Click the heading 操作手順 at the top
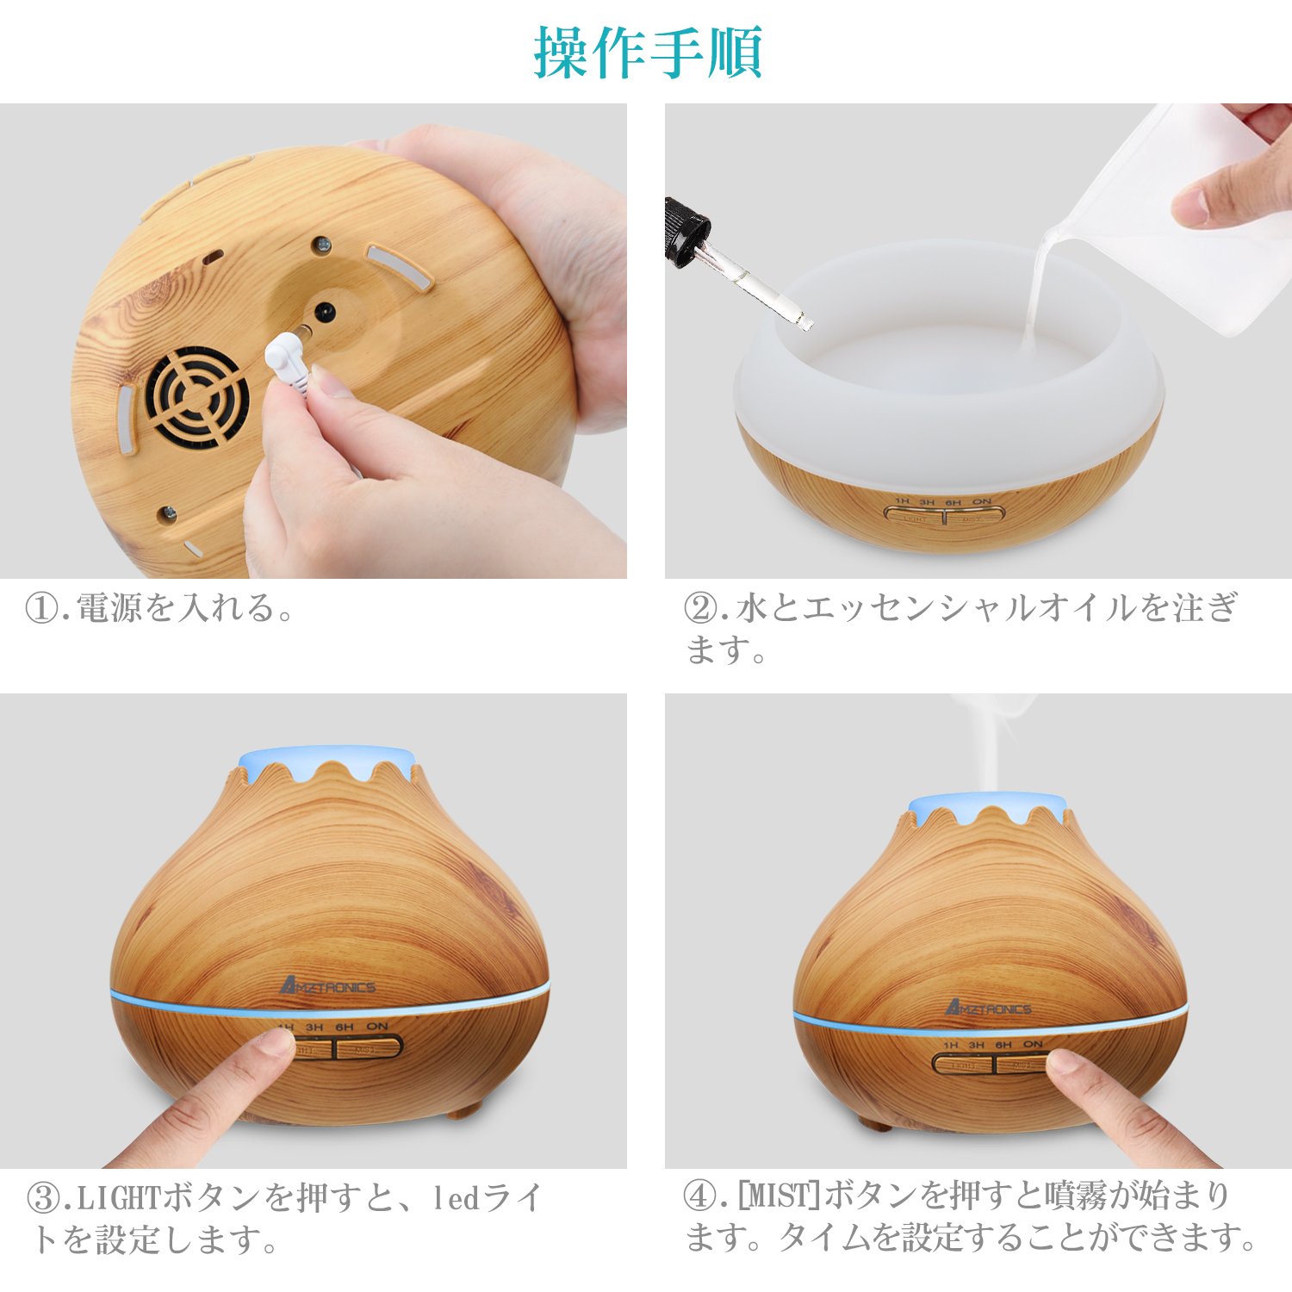[648, 53]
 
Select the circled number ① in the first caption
[41, 609]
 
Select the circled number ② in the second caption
[699, 609]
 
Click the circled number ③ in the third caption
[43, 1198]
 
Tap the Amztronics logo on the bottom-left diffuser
[328, 986]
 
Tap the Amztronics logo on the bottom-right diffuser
[988, 1007]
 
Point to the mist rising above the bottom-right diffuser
[991, 741]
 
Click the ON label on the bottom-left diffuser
[377, 1027]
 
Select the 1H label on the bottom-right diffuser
[950, 1045]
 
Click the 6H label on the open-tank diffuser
[953, 501]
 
